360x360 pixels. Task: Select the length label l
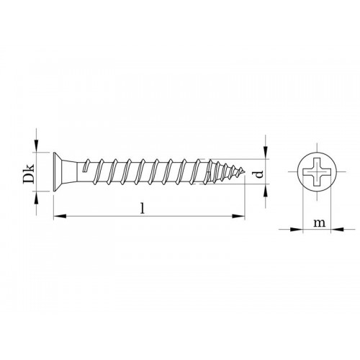144,208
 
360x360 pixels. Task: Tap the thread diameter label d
257,172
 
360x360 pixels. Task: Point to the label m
318,224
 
